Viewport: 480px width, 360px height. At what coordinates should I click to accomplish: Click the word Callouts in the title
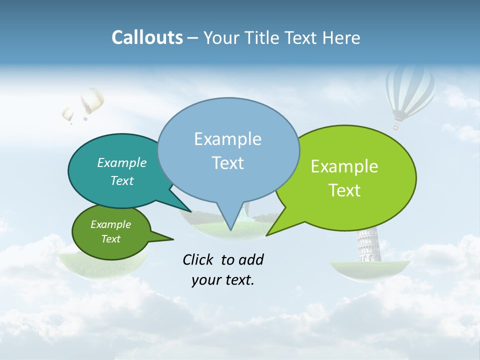147,37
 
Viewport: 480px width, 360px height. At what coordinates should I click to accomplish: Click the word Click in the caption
197,259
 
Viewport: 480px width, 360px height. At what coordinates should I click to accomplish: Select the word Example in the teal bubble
122,162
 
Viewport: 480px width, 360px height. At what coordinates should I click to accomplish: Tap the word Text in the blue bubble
228,162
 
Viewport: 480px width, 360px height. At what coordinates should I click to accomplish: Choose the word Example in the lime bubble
344,166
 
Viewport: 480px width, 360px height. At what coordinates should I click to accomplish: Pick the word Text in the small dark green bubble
111,239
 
